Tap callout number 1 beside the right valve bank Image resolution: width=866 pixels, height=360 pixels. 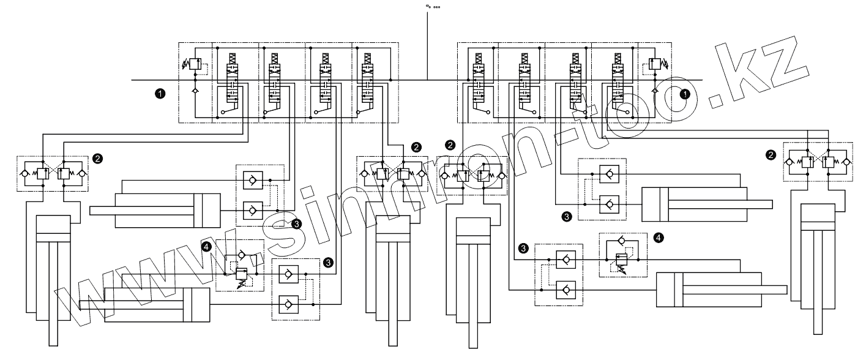coord(685,93)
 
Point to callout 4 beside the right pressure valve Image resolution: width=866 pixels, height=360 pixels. coord(659,238)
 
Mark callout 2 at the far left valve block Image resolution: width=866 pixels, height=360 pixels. coord(99,157)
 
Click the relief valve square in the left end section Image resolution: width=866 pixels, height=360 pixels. coord(195,64)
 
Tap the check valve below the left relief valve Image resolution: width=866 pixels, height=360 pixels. coord(195,90)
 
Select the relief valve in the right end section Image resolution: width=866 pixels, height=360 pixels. coord(655,64)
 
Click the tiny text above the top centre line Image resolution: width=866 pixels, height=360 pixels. coord(433,7)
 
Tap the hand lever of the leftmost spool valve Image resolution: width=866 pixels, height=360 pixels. coord(225,112)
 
